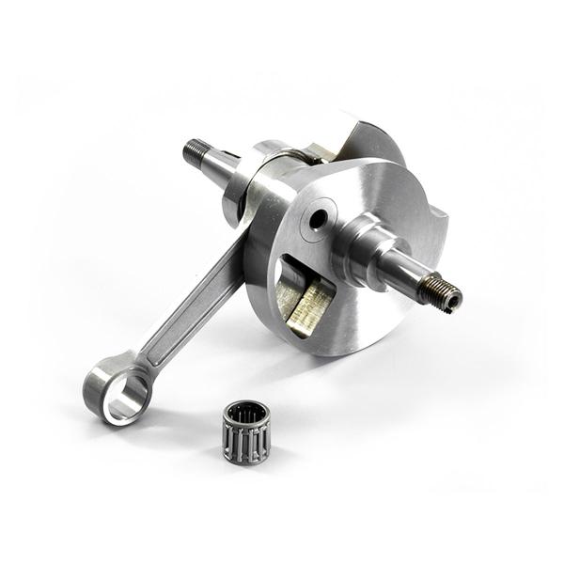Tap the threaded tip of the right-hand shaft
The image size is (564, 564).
(441, 294)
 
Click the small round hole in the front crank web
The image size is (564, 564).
(319, 219)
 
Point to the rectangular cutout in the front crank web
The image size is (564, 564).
(302, 291)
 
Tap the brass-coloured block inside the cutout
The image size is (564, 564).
(310, 306)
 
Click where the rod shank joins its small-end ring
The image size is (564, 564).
(142, 362)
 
